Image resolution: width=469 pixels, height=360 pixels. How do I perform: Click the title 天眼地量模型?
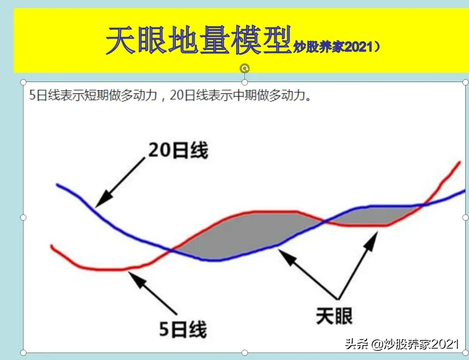tap(199, 40)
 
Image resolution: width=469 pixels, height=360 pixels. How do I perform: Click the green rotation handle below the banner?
tap(244, 68)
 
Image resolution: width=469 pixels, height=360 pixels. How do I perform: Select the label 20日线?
tap(178, 150)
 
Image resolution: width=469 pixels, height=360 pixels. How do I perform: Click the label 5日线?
tap(183, 329)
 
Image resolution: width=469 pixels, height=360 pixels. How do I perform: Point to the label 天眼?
tap(334, 315)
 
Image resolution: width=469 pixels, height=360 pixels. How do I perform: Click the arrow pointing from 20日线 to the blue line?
tap(120, 182)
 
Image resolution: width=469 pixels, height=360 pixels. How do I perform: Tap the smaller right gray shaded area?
tap(371, 216)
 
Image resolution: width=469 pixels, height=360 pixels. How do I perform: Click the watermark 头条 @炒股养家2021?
tap(401, 344)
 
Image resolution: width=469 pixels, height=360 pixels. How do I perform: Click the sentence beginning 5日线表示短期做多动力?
tap(170, 95)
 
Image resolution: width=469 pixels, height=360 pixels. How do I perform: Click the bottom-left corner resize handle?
tap(24, 352)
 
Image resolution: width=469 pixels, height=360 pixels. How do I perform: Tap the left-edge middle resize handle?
tap(24, 217)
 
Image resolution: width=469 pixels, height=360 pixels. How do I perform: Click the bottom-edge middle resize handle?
tap(244, 352)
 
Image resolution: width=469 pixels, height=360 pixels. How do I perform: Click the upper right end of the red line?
tap(460, 163)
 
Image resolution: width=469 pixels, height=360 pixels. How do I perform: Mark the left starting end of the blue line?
tap(57, 185)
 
